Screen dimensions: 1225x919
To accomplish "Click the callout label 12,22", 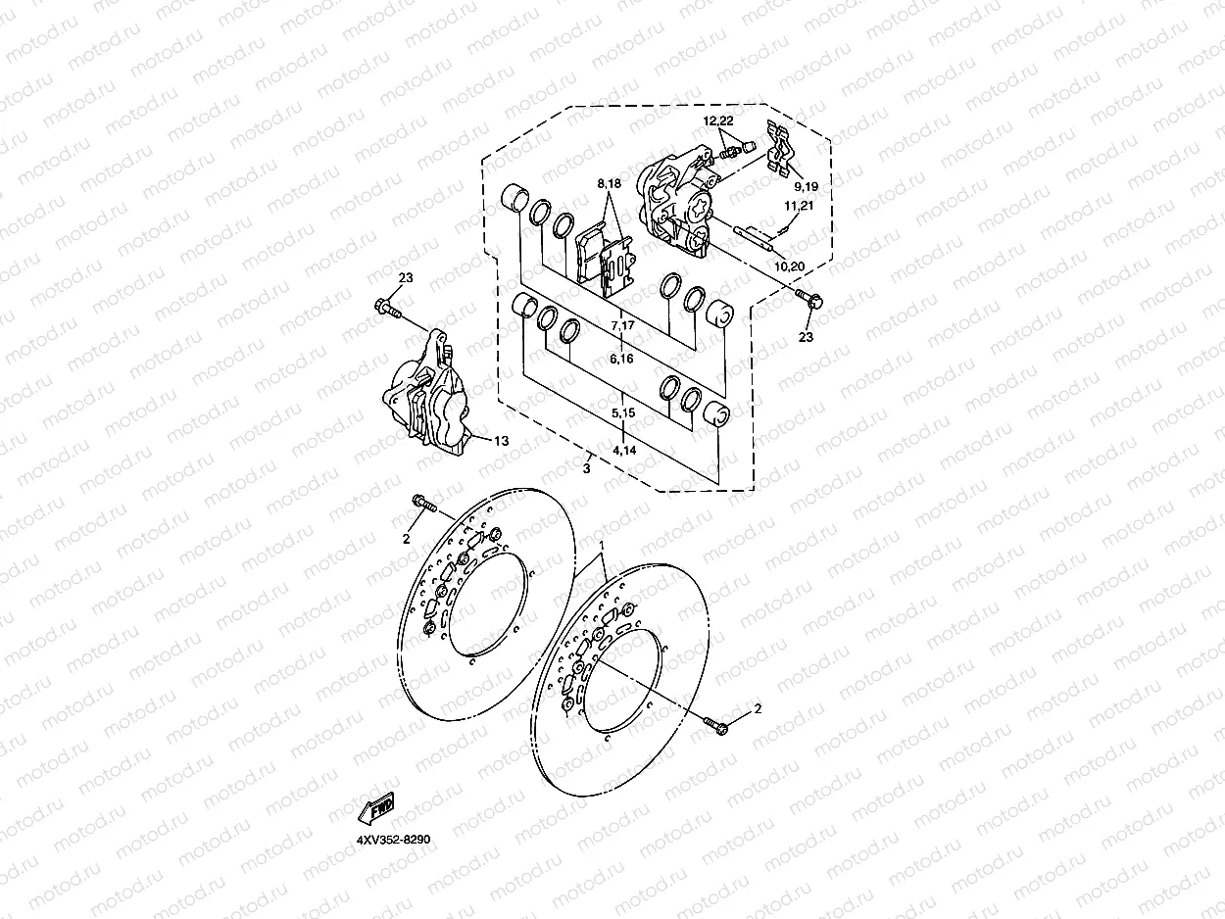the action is click(x=718, y=121).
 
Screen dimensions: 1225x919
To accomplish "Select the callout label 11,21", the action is click(x=799, y=206).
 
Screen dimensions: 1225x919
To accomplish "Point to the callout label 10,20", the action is click(x=789, y=266).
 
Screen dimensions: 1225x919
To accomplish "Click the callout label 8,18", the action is click(x=609, y=183).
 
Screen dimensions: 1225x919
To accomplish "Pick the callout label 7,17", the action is click(x=622, y=324).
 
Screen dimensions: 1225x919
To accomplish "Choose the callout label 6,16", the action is click(x=622, y=360).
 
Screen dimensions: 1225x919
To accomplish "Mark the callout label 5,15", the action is click(x=623, y=413).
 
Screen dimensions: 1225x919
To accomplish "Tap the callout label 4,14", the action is click(x=623, y=450).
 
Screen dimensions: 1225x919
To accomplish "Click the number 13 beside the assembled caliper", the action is click(x=501, y=441).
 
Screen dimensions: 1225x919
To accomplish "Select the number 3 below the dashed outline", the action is click(x=586, y=470).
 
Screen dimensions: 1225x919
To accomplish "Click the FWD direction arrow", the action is click(x=375, y=810).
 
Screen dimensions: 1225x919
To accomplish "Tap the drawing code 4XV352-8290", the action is click(x=394, y=840).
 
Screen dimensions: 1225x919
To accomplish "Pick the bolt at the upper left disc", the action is click(x=424, y=505).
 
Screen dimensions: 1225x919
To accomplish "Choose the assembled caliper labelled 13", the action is click(x=427, y=397).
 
